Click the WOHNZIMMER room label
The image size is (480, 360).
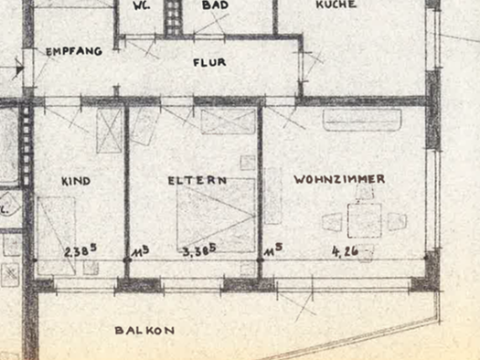[x=339, y=179]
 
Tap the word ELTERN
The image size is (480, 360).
[x=197, y=180]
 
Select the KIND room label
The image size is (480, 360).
[x=76, y=181]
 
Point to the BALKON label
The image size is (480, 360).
[x=144, y=330]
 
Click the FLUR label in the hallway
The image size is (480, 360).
[x=209, y=63]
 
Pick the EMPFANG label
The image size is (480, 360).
[x=74, y=52]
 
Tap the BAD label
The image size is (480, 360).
[x=216, y=5]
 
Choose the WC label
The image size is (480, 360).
[x=142, y=5]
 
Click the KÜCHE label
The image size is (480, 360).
[x=336, y=5]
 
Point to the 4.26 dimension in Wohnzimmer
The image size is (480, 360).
[x=346, y=249]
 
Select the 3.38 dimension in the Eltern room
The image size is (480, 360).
[x=198, y=249]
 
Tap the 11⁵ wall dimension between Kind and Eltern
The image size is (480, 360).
[x=140, y=249]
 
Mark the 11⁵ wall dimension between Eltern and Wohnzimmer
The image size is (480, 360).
[x=271, y=249]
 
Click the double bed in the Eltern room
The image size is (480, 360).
[x=216, y=216]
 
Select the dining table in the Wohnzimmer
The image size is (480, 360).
[x=366, y=220]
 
